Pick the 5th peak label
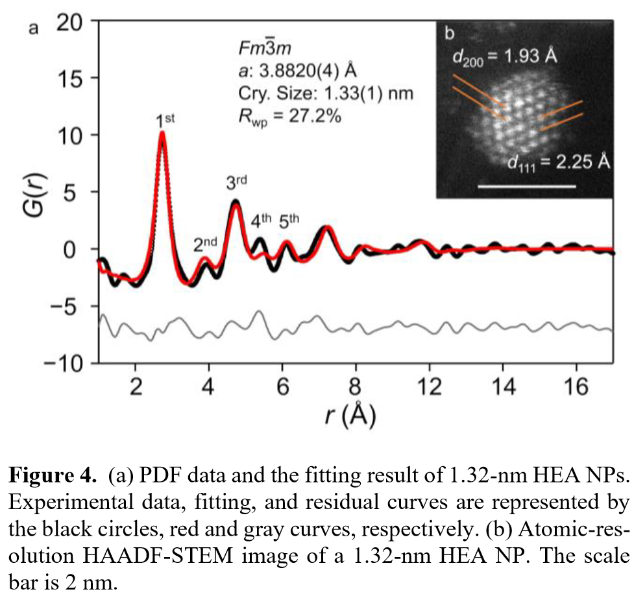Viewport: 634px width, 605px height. point(289,220)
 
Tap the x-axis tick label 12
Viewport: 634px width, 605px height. point(428,387)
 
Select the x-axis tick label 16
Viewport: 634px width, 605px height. point(576,387)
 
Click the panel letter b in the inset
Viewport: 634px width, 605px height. point(449,31)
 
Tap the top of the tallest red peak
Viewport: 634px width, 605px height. point(162,134)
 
